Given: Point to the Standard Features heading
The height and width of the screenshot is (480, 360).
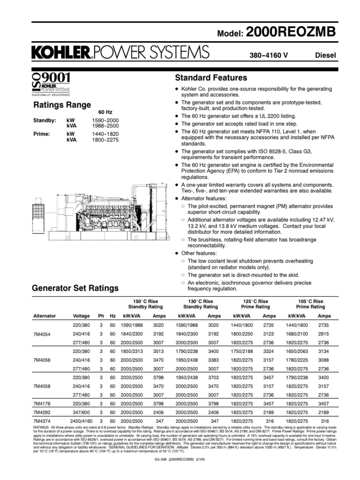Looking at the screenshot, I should [x=210, y=77].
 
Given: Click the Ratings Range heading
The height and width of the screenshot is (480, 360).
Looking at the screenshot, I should [x=61, y=105].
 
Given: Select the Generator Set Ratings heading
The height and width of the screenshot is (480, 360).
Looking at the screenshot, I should [x=75, y=287].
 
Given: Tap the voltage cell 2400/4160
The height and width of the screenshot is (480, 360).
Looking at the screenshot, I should [x=78, y=422].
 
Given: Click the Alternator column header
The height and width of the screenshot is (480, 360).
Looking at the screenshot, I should [x=45, y=316].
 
